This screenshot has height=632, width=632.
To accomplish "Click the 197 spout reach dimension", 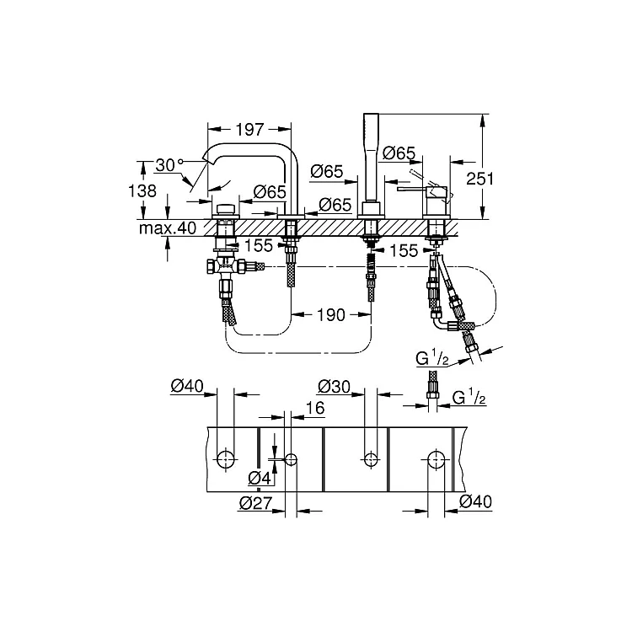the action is [x=249, y=130].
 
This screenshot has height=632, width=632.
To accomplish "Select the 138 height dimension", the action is [x=142, y=190].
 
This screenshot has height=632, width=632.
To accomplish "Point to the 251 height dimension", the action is [x=479, y=179].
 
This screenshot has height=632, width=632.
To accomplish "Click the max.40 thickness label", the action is [x=168, y=228].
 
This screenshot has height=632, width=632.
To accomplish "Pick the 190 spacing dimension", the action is [x=330, y=315].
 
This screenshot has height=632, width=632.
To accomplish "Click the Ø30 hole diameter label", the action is [x=335, y=387].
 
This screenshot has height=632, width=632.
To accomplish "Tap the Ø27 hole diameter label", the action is [x=256, y=503].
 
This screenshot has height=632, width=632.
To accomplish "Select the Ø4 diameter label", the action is [x=260, y=479].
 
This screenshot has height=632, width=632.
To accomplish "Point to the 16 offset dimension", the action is [x=315, y=408].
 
